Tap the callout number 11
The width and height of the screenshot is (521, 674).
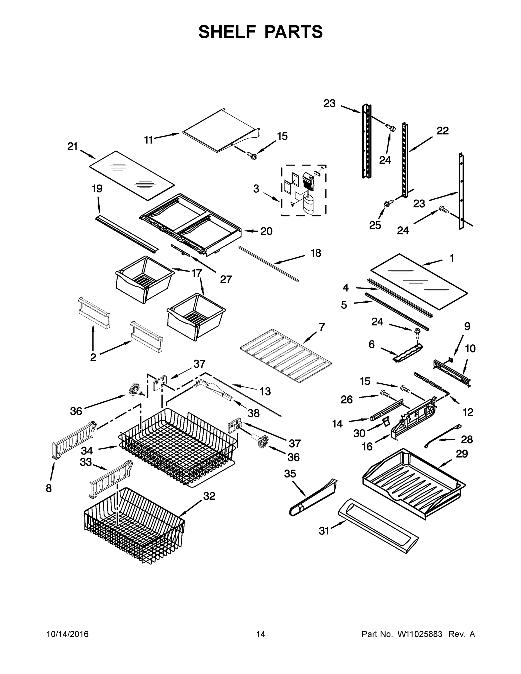pos(149,140)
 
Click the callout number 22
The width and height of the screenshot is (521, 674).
pos(442,131)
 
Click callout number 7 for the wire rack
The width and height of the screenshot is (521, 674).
pos(322,327)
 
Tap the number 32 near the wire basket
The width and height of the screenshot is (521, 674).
pos(209,496)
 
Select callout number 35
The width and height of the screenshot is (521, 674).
pos(290,474)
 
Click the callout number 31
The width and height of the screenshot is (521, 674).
pos(324,531)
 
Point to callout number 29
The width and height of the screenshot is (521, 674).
pos(462,454)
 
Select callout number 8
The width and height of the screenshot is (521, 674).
pos(49,489)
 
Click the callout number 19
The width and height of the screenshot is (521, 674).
pos(97,188)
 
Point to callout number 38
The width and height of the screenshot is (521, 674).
pos(253,413)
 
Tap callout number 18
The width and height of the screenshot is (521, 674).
pos(316,253)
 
